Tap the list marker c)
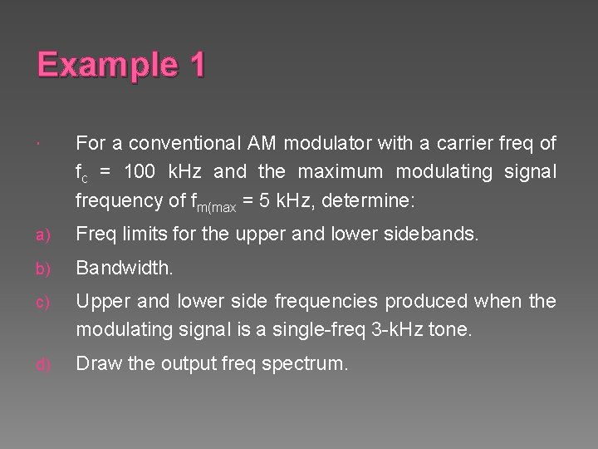[42, 300]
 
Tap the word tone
[453, 328]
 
